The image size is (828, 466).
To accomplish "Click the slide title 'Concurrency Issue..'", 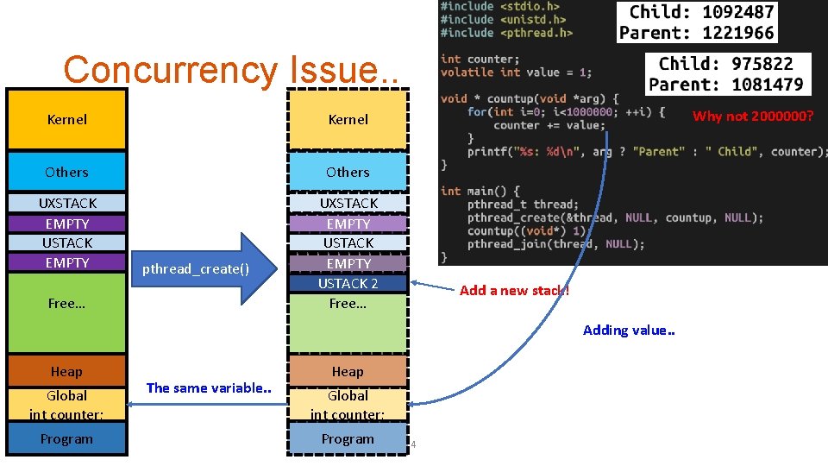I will (x=231, y=70).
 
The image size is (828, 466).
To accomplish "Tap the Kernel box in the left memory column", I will (x=66, y=120).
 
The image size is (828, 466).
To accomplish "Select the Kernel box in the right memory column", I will (x=348, y=120).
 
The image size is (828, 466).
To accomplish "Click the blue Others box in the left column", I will (x=66, y=172).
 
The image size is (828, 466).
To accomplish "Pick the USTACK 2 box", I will (x=348, y=283).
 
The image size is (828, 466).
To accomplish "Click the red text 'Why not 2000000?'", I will (x=753, y=116).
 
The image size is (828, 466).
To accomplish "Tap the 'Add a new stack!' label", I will (x=514, y=290).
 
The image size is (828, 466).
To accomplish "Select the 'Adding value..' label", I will (x=629, y=330).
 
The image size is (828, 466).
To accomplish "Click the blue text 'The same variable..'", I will (x=209, y=388).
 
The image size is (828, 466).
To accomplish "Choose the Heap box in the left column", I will (x=66, y=371).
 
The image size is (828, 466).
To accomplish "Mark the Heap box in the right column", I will (x=348, y=371).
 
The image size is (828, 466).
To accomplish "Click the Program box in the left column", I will (x=66, y=438).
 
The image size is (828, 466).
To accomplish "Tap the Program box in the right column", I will (x=348, y=438).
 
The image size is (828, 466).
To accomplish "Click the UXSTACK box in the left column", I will (x=67, y=203).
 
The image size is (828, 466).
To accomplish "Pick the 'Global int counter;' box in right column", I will (x=348, y=405).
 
